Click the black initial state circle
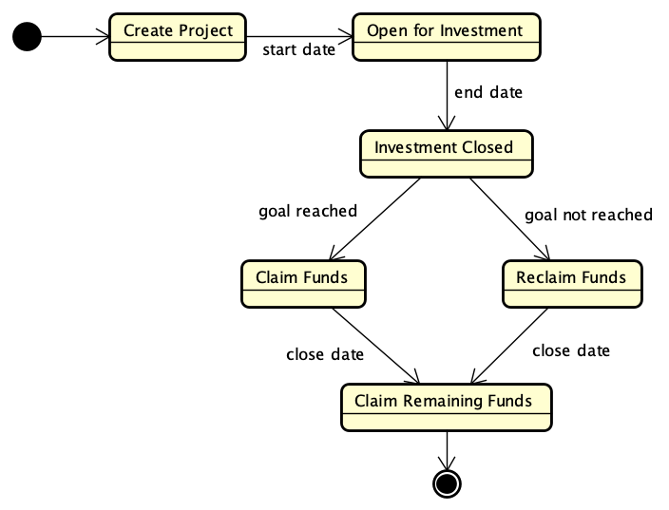28,37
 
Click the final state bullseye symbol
446,482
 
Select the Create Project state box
178,37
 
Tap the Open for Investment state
446,37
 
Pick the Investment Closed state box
445,154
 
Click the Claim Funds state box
302,283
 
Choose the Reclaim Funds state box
572,283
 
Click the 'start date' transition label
298,50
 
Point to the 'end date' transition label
488,92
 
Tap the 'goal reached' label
308,211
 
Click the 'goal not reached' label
588,215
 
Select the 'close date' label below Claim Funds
325,354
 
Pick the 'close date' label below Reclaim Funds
571,350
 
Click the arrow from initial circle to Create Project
75,37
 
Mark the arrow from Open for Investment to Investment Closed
446,95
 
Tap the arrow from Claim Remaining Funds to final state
446,449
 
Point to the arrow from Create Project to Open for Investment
298,37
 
